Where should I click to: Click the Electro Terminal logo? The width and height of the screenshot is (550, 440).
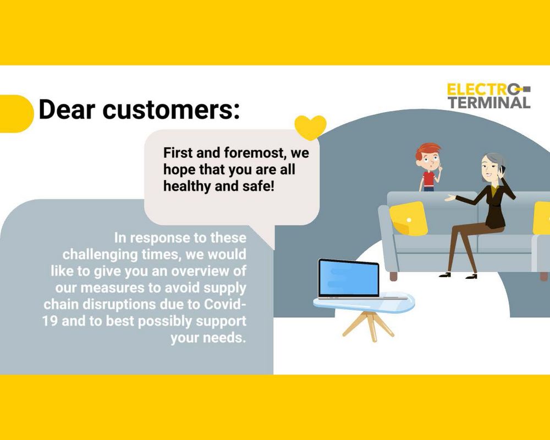pos(488,96)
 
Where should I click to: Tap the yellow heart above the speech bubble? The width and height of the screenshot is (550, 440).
pos(310,127)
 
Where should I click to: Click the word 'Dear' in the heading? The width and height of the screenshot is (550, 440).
pos(67,109)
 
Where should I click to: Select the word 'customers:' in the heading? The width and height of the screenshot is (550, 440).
pos(171,109)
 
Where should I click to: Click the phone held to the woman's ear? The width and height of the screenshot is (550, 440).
pos(502,169)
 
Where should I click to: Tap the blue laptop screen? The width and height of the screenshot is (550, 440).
pos(349,278)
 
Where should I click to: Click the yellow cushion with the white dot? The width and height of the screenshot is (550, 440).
pos(409,218)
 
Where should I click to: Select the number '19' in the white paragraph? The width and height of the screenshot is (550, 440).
pos(50,321)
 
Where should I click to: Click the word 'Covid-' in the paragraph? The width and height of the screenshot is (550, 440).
pos(224,304)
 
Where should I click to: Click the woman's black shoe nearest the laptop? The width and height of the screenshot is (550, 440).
pos(445,275)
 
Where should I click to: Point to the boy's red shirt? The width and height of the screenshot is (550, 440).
pos(428,180)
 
